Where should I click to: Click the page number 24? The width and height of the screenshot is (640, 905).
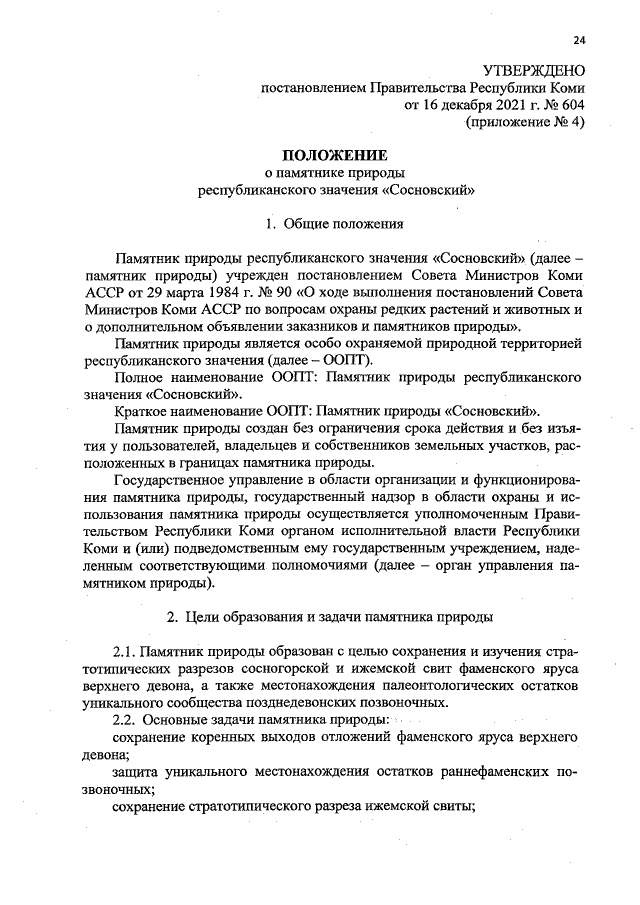coord(578,41)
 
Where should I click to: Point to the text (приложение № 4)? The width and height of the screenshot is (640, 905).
coord(524,121)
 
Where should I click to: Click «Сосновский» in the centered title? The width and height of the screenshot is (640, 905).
coord(423,187)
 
